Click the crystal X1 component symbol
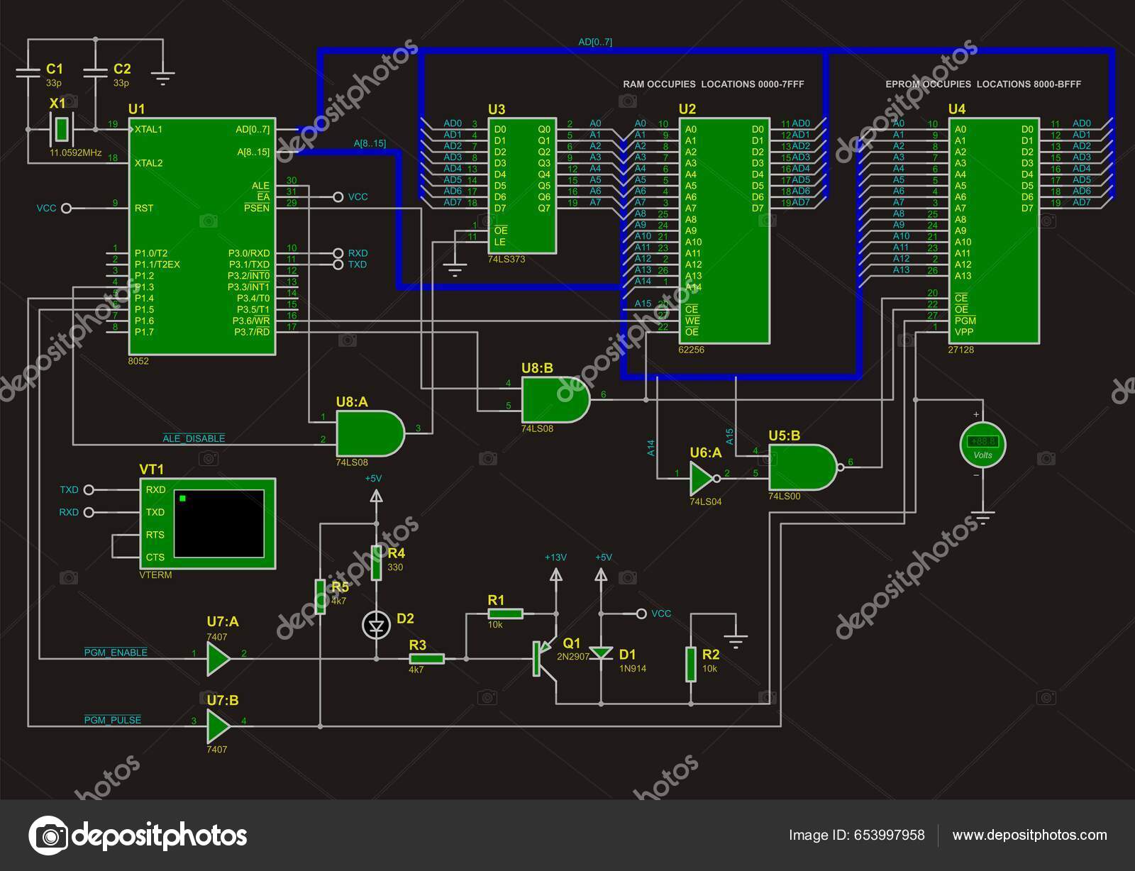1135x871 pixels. pos(62,129)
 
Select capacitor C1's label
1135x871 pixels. pos(54,69)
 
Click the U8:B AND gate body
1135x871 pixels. pos(554,399)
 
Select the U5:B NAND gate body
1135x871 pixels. pos(802,467)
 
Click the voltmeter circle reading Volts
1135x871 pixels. pos(982,445)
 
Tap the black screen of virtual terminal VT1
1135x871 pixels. pos(218,523)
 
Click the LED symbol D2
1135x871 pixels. pos(376,625)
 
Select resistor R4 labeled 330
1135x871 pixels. pos(377,564)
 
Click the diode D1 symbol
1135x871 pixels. pos(602,653)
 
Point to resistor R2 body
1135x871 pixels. pos(691,665)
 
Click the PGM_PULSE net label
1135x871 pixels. pos(113,720)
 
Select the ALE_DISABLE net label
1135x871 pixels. pos(194,438)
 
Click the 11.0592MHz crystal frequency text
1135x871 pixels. pos(76,152)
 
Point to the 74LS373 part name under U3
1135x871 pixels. pos(506,260)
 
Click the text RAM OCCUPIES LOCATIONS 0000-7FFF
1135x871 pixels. pos(713,84)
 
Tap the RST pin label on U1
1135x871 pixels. pos(144,209)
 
